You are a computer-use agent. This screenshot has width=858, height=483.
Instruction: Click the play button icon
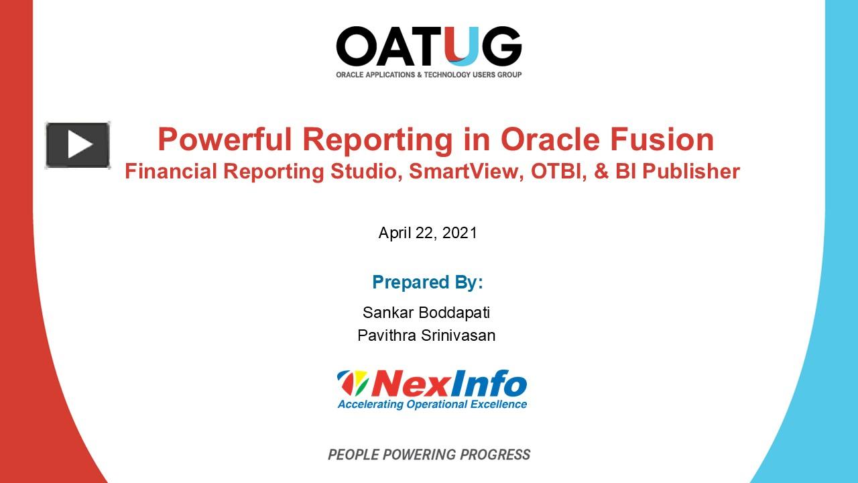click(78, 145)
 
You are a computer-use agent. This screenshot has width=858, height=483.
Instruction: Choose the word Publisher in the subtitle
click(690, 172)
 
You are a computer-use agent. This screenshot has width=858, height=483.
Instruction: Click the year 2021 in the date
click(460, 233)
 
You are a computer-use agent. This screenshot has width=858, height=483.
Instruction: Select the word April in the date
click(395, 233)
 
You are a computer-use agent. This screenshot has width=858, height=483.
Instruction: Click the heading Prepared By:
click(428, 282)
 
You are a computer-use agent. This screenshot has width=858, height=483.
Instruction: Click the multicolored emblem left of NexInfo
click(353, 384)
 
